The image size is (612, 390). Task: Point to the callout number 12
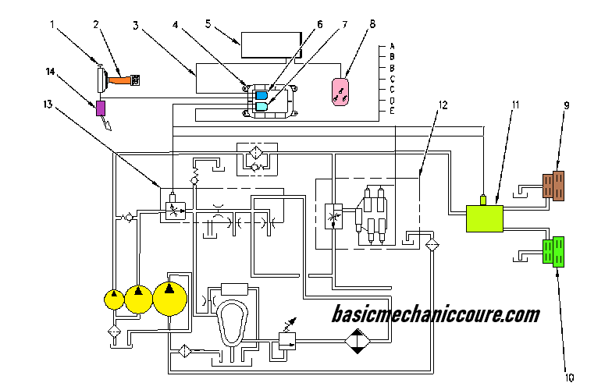click(443, 105)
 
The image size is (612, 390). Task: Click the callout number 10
click(569, 378)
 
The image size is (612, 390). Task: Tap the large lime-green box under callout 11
click(484, 218)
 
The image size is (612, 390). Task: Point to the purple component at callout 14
click(101, 108)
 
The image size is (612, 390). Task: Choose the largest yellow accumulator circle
click(170, 297)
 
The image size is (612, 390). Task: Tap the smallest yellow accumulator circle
click(114, 299)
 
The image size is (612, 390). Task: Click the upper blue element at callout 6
click(262, 95)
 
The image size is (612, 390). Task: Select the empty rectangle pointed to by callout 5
click(270, 44)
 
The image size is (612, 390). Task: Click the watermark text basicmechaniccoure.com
click(436, 314)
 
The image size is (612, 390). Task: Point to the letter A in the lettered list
click(391, 47)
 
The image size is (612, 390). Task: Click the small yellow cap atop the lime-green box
click(483, 200)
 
